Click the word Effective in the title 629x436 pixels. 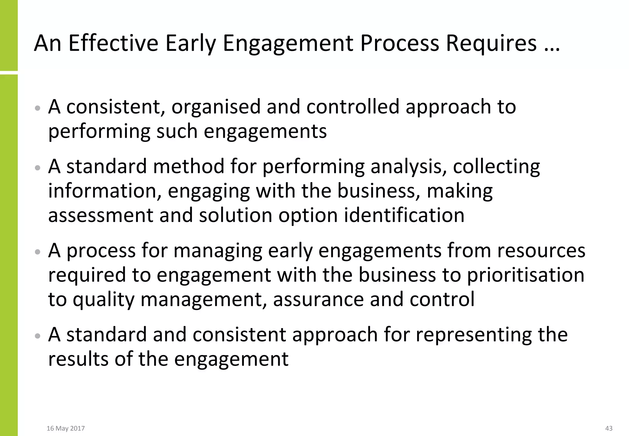[113, 43]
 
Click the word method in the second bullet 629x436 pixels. [189, 167]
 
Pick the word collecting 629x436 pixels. [496, 167]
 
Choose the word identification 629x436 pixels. [404, 215]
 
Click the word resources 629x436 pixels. [541, 250]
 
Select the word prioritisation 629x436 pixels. [525, 275]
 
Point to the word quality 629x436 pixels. [104, 299]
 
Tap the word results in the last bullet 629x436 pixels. [78, 359]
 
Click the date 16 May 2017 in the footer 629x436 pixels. [66, 428]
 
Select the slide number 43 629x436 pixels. [609, 428]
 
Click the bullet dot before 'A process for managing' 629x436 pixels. [38, 252]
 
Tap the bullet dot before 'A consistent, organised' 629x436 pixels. [38, 109]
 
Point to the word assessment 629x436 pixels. [101, 215]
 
